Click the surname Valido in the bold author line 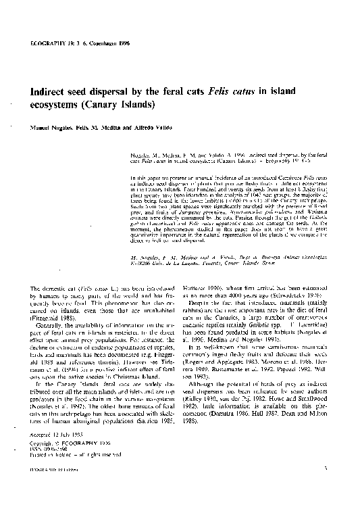coord(161,128)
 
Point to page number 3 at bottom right coord(325,505)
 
